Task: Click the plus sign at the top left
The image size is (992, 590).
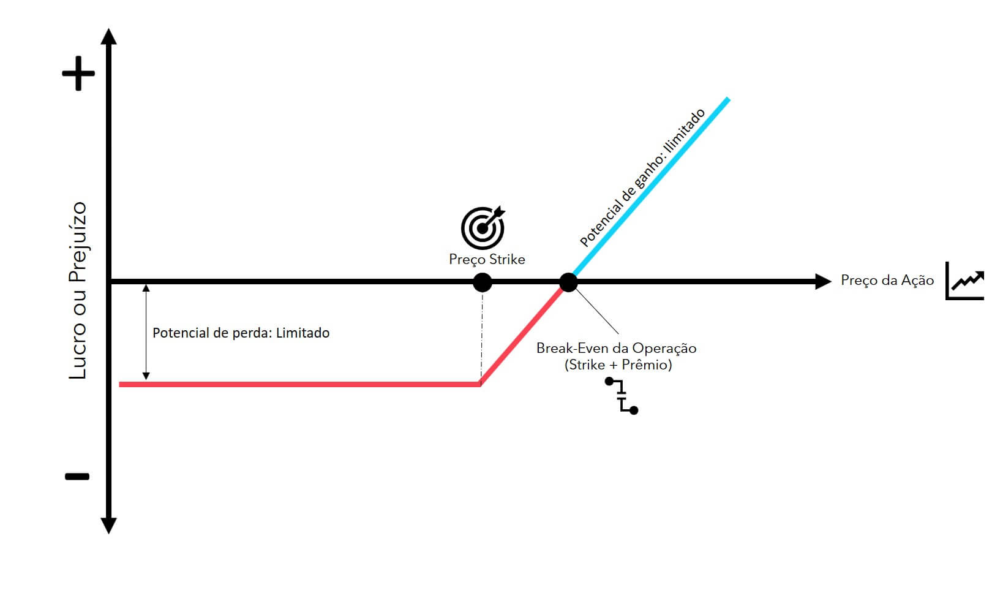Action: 78,73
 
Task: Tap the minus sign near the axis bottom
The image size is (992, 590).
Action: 78,477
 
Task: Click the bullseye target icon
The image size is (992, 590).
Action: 483,228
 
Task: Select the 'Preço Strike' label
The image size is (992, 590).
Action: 487,260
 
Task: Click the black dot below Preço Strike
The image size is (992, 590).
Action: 483,282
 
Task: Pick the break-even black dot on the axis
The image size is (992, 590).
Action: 569,282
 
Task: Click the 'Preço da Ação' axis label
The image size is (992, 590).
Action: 887,281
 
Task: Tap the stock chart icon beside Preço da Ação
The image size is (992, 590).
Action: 964,281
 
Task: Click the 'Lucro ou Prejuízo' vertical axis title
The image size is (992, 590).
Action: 78,290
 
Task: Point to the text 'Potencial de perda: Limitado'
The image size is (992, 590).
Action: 241,333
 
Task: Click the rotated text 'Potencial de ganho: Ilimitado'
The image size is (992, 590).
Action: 642,177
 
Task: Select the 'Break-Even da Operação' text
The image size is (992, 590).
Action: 617,349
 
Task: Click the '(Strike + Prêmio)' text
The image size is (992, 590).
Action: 618,365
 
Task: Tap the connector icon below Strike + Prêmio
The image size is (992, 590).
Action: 622,396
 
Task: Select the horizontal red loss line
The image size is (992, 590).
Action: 300,385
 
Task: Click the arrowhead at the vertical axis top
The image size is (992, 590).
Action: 108,36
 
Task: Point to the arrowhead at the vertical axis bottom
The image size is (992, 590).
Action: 108,526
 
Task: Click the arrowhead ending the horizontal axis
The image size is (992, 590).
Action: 823,282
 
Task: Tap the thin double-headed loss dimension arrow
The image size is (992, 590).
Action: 146,332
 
